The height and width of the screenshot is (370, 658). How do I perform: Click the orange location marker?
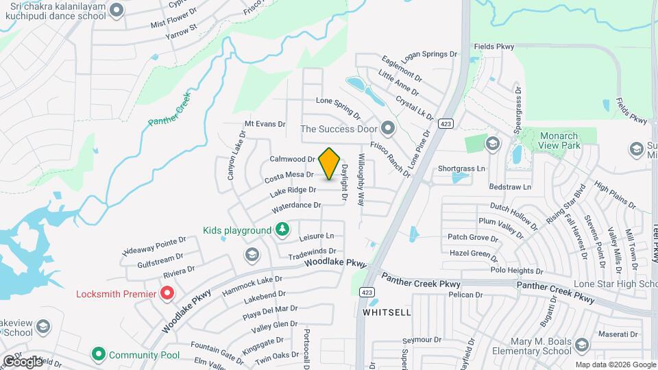(330, 163)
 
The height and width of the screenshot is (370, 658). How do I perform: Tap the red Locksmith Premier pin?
(167, 294)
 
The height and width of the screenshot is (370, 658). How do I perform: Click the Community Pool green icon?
(98, 354)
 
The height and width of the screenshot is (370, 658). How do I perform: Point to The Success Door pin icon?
(389, 128)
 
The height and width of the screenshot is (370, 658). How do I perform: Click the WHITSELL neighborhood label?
(387, 312)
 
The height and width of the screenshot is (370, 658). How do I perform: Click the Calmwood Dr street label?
(291, 158)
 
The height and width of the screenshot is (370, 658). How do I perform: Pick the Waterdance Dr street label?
(296, 206)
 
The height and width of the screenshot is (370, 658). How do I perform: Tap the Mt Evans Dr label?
(265, 124)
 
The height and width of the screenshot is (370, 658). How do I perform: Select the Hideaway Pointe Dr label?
(154, 246)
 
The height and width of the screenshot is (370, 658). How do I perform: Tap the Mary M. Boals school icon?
(582, 344)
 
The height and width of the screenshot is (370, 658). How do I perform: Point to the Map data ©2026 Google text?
(615, 364)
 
